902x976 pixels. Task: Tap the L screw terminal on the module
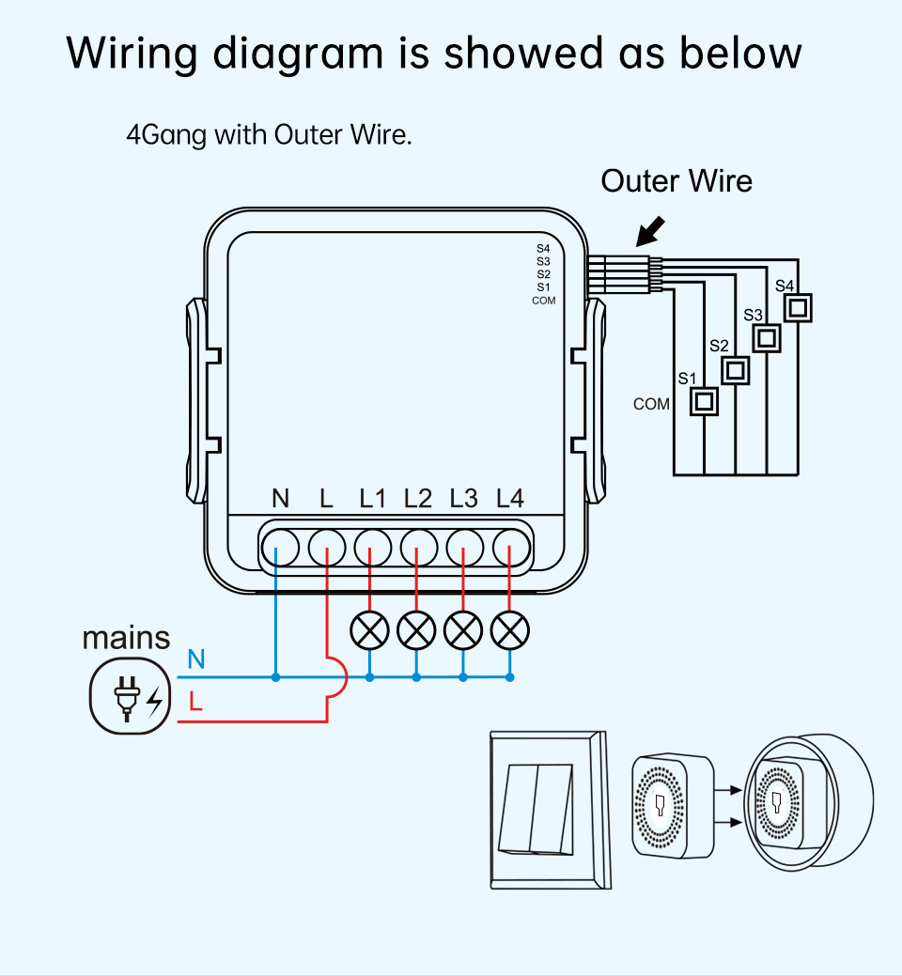[x=327, y=548]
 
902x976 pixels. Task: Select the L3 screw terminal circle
[x=464, y=548]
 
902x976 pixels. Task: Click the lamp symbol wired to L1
[x=370, y=630]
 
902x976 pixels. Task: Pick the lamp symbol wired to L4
[x=510, y=630]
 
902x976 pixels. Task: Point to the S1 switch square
[x=704, y=401]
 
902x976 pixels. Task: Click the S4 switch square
[x=798, y=307]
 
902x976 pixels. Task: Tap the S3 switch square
[x=767, y=338]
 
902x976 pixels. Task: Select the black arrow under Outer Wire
[x=650, y=231]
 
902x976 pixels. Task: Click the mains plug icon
[x=130, y=696]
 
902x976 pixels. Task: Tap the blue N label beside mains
[x=196, y=658]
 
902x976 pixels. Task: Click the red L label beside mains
[x=195, y=702]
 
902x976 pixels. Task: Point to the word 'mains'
[x=126, y=638]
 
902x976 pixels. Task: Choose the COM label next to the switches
[x=651, y=404]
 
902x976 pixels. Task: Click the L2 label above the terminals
[x=418, y=499]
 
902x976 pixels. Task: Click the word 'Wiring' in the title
[x=132, y=54]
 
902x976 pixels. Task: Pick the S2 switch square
[x=735, y=370]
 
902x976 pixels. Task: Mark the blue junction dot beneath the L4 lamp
[x=510, y=677]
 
